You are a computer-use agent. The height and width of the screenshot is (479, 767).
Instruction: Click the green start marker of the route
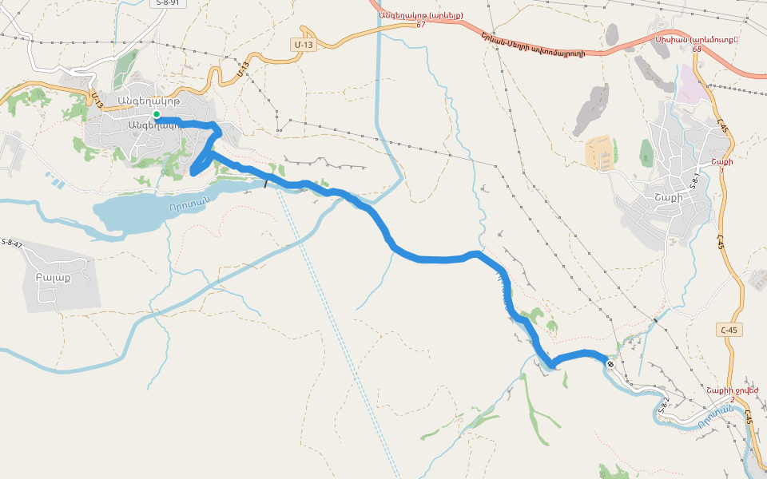tap(157, 114)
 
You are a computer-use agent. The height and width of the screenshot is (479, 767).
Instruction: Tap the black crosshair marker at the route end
tap(610, 364)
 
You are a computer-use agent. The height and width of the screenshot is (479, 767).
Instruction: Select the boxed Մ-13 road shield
tap(304, 46)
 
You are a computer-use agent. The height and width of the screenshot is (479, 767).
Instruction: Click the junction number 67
tap(420, 26)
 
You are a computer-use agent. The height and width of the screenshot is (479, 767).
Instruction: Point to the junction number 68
tap(697, 49)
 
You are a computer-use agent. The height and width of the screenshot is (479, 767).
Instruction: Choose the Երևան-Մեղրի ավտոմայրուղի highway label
tap(533, 43)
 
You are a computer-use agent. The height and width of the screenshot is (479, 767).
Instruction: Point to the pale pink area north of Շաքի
tap(692, 90)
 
